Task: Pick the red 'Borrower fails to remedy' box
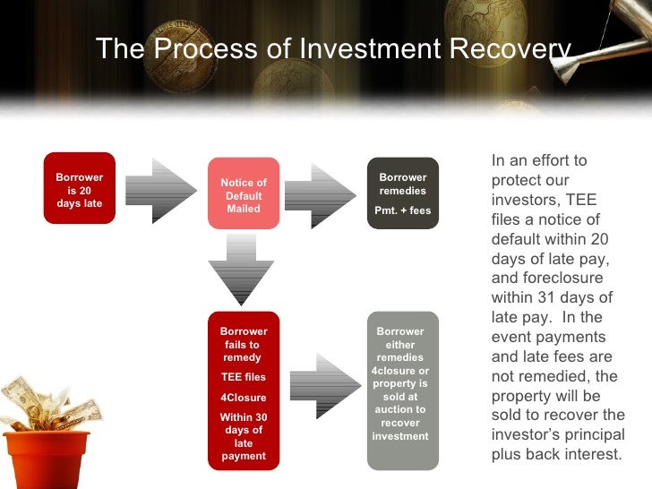(x=243, y=390)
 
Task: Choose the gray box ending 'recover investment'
(x=403, y=390)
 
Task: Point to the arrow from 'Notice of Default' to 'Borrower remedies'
(x=321, y=190)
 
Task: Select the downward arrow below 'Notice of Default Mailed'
(x=243, y=268)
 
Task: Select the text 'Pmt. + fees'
(x=403, y=211)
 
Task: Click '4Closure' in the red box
(x=243, y=397)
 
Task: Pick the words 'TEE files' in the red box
(x=243, y=377)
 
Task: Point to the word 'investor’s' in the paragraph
(x=528, y=435)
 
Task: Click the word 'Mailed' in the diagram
(x=243, y=209)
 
